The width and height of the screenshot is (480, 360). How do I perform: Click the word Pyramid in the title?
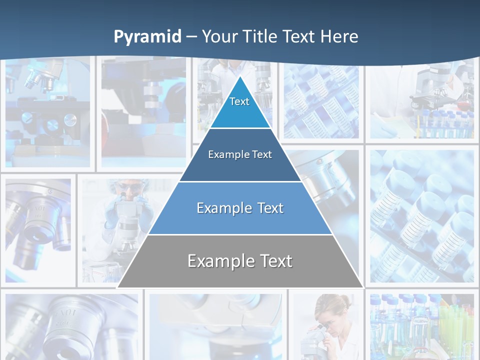tap(147, 37)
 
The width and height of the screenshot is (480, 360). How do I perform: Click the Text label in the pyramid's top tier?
tap(239, 101)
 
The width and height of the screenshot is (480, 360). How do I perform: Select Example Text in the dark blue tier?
tap(240, 154)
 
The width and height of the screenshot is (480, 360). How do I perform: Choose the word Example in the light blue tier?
tap(222, 208)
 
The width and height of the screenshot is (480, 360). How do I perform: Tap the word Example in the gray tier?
tap(217, 261)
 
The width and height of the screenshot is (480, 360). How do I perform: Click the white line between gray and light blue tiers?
tap(240, 234)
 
